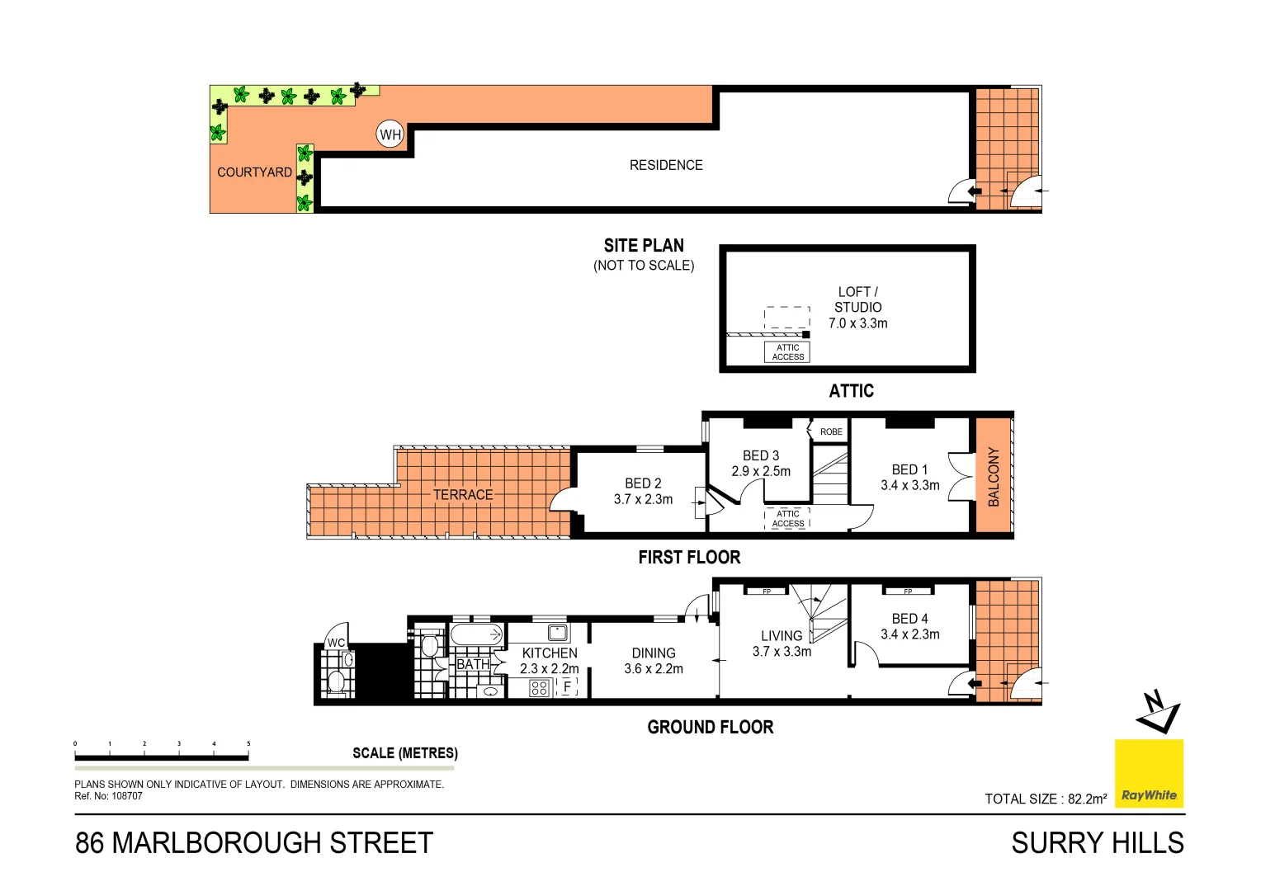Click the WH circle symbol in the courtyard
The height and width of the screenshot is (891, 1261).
pyautogui.click(x=390, y=134)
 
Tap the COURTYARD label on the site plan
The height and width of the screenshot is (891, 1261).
pyautogui.click(x=254, y=172)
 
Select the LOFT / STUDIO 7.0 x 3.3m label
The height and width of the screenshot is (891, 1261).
pyautogui.click(x=857, y=308)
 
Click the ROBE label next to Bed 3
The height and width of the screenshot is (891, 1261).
pyautogui.click(x=831, y=431)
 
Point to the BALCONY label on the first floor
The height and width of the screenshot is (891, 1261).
pyautogui.click(x=994, y=477)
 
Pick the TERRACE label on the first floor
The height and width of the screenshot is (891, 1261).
pyautogui.click(x=463, y=495)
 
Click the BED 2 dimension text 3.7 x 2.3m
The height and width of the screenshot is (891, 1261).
pyautogui.click(x=643, y=499)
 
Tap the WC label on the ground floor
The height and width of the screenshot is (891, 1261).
pyautogui.click(x=336, y=643)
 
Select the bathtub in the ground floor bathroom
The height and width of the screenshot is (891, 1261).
pyautogui.click(x=477, y=635)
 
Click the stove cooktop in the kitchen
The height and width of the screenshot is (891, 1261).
pyautogui.click(x=540, y=687)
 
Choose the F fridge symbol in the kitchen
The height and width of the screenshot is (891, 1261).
pyautogui.click(x=567, y=686)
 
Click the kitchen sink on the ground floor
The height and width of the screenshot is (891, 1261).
pyautogui.click(x=559, y=633)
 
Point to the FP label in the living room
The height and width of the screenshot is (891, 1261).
pyautogui.click(x=767, y=592)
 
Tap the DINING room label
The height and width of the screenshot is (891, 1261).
pyautogui.click(x=654, y=653)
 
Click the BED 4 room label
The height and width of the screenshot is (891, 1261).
pyautogui.click(x=909, y=619)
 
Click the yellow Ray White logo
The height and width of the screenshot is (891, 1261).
pyautogui.click(x=1149, y=774)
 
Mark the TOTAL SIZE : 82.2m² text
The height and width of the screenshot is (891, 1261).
pyautogui.click(x=1046, y=799)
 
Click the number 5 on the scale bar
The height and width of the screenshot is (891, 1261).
pyautogui.click(x=248, y=743)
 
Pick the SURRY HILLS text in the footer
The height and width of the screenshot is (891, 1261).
pyautogui.click(x=1097, y=843)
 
